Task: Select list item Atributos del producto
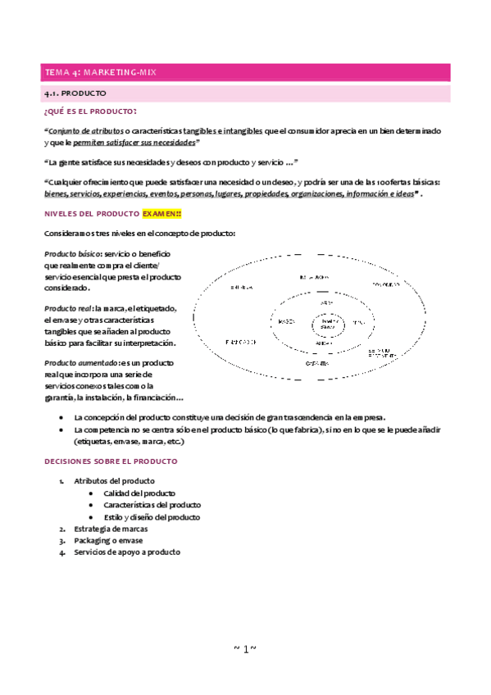tap(114, 481)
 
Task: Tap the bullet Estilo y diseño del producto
tap(152, 517)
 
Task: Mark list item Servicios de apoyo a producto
tap(127, 552)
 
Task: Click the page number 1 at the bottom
tap(245, 649)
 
